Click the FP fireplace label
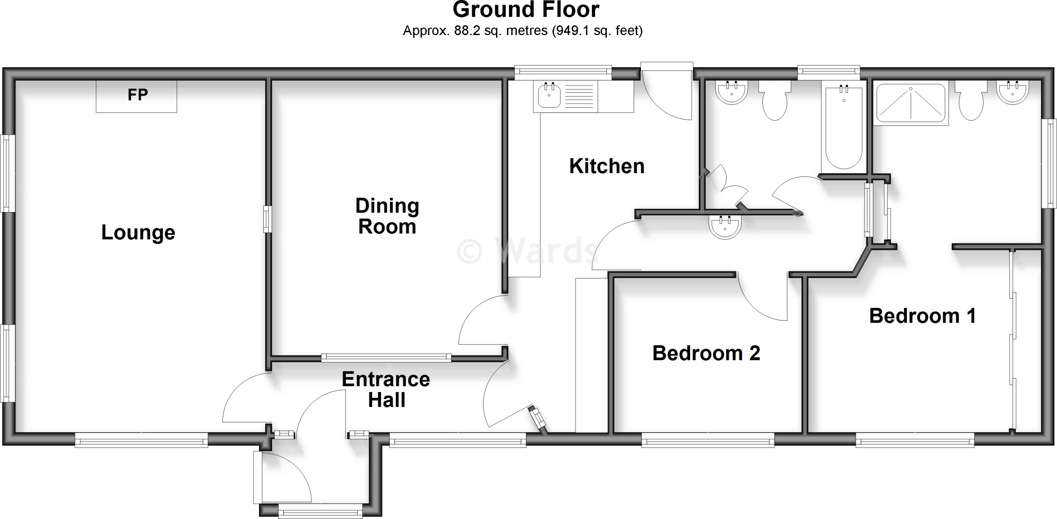pos(137,95)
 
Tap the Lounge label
pos(138,233)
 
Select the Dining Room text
pos(387,216)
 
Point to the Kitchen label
pos(606,166)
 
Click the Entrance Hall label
pos(386,390)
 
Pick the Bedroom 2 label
pos(706,353)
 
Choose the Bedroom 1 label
pos(922,316)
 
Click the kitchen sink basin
pos(550,96)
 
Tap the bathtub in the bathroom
pos(844,128)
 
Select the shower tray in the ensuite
pos(911,103)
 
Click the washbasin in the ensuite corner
pos(1013,93)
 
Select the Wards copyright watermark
pos(526,251)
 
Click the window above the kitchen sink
pos(563,73)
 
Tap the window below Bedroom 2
pos(708,440)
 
